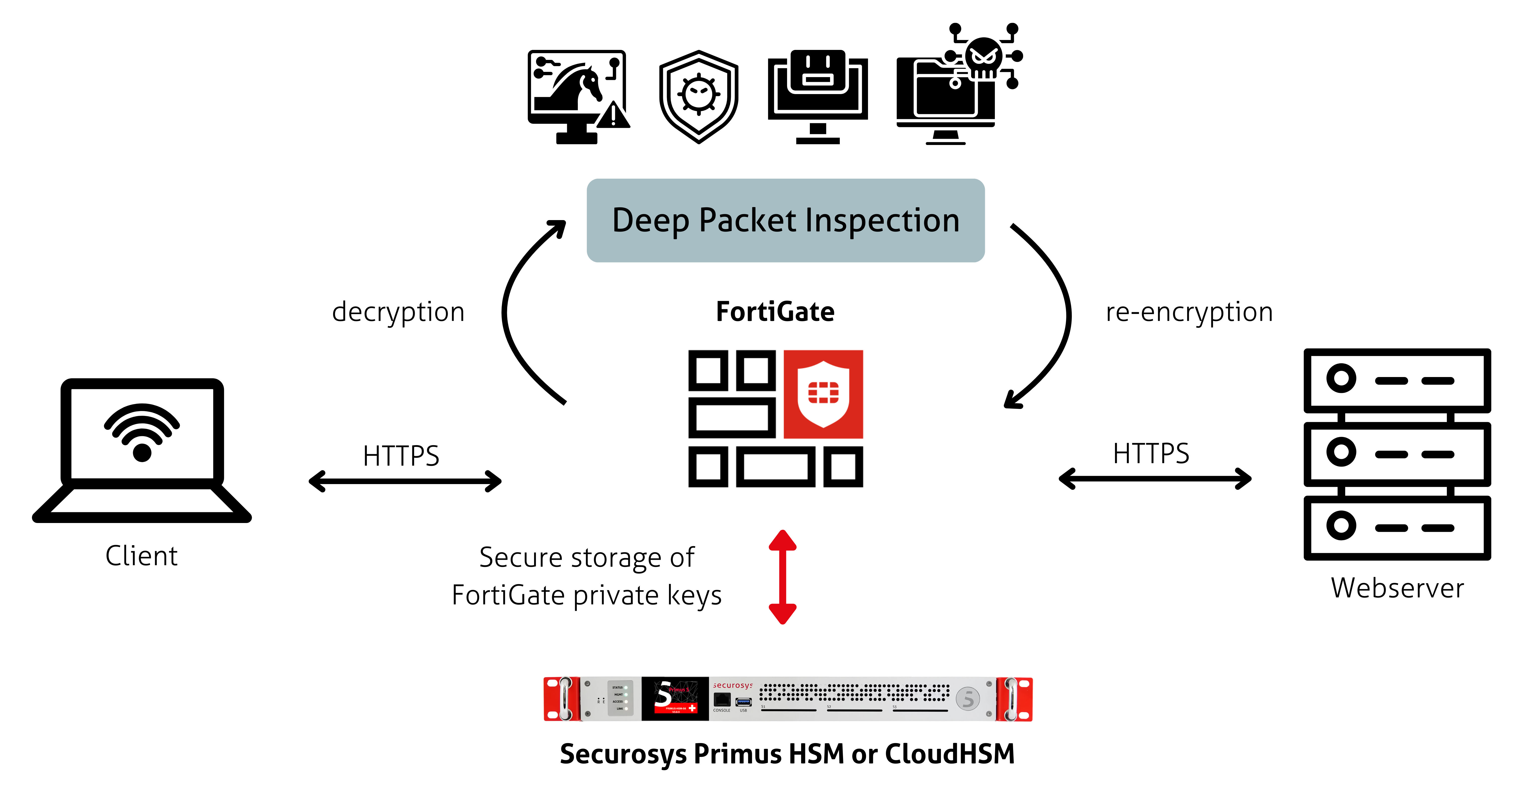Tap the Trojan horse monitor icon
pos(577,96)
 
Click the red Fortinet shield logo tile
pos(823,394)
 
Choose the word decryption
pos(398,312)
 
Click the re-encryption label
pos(1189,312)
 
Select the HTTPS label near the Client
pos(401,456)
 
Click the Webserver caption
pos(1397,588)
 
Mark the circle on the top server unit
pos(1341,378)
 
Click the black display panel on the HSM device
pos(675,699)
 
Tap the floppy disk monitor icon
pos(818,96)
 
